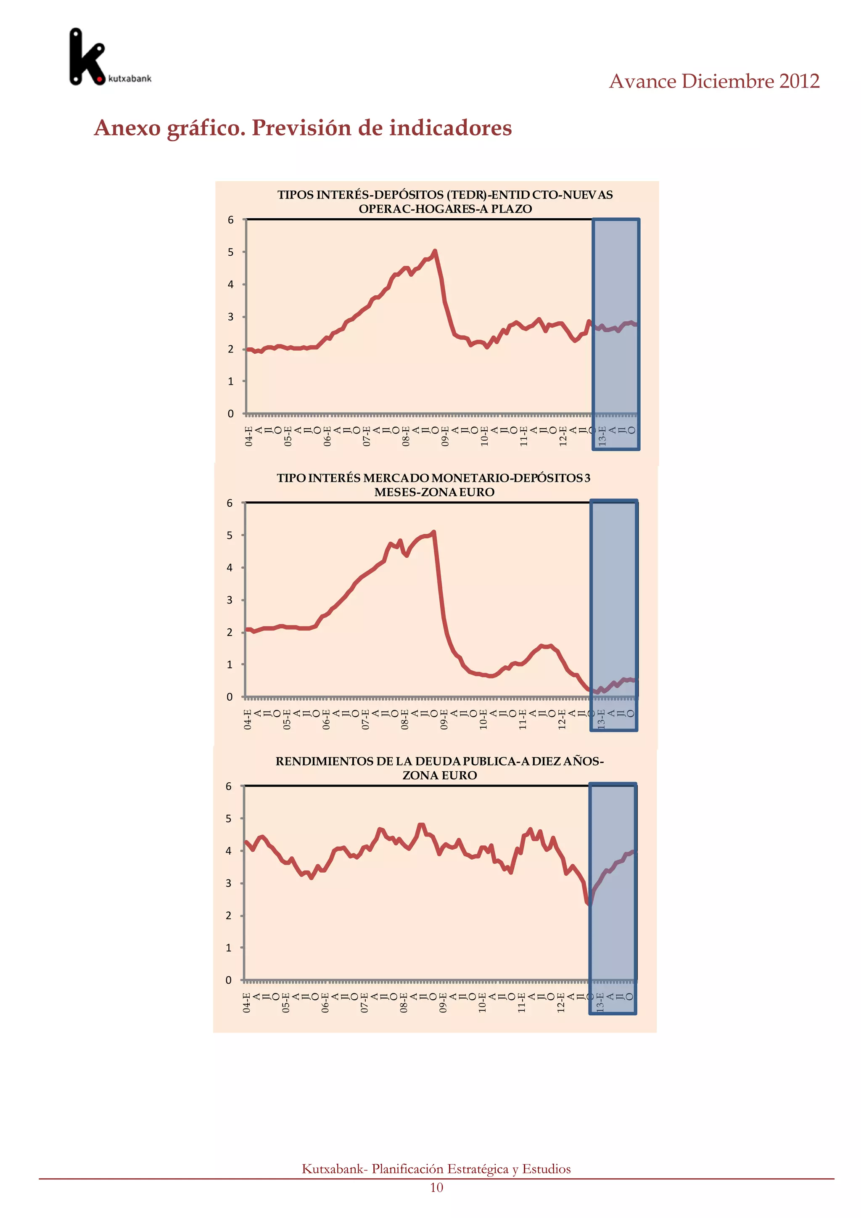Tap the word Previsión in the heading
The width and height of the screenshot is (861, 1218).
(x=301, y=128)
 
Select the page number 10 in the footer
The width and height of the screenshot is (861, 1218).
(x=436, y=1187)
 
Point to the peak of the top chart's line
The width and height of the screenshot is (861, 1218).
(x=435, y=251)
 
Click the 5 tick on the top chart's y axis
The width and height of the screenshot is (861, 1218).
(x=231, y=252)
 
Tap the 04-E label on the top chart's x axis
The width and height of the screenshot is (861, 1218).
(x=248, y=436)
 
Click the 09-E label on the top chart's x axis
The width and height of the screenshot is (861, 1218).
(x=445, y=436)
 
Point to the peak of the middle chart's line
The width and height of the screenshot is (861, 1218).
(x=434, y=532)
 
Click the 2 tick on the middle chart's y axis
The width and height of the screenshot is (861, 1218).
(x=230, y=632)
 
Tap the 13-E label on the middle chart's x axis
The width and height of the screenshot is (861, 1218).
(x=601, y=719)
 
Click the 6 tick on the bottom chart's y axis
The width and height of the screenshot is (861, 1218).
(x=229, y=786)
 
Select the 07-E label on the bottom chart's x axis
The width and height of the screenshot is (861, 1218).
(x=364, y=1003)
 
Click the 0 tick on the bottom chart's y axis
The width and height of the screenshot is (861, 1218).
(x=229, y=980)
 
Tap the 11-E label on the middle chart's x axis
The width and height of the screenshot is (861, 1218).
(x=522, y=719)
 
